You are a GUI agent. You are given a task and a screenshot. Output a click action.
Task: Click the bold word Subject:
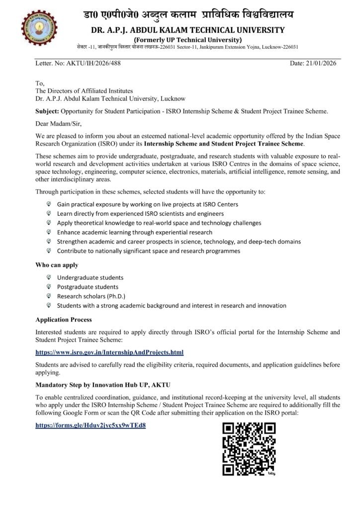pos(48,111)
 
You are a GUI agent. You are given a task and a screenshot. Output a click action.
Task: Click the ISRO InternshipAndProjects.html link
pos(109,352)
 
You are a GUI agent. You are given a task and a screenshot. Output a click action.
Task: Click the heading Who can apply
pos(57,265)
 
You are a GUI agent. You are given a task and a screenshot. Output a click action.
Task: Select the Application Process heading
pos(64,319)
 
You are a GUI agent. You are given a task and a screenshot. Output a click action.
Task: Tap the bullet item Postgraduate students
pos(88,287)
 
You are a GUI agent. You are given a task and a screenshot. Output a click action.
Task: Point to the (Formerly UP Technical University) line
pos(187,40)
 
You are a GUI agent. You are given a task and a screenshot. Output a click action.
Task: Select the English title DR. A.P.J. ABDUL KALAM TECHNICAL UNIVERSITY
pos(187,30)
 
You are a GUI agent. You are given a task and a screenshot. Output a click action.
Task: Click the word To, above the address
pos(40,83)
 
